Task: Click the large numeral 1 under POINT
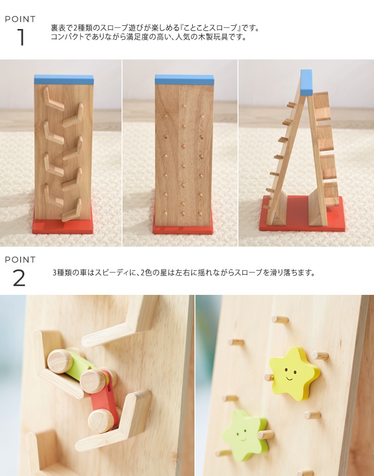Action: [x=21, y=37]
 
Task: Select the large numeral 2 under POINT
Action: [x=19, y=278]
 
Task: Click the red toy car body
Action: [x=104, y=395]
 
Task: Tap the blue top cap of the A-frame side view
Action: [x=306, y=82]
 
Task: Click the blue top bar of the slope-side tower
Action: [x=64, y=80]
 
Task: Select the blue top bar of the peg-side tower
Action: [x=184, y=80]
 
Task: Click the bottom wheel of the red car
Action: [x=101, y=421]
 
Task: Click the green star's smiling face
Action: [x=242, y=435]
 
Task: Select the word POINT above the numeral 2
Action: [x=20, y=260]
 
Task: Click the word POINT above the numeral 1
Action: [x=20, y=19]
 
